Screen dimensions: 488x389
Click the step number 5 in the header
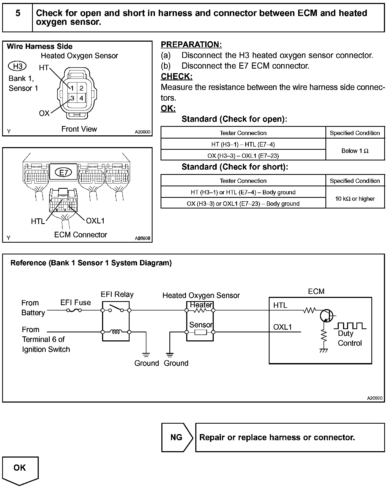(18, 13)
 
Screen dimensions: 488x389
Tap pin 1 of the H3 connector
(72, 88)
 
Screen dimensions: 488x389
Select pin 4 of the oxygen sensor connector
(81, 98)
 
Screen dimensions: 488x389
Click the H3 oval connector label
(18, 66)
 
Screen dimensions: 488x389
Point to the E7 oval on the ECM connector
(64, 173)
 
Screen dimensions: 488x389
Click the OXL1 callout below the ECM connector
(95, 221)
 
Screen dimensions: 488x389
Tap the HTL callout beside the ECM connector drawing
(38, 221)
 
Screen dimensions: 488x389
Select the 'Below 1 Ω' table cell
(355, 151)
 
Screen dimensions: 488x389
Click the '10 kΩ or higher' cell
(355, 199)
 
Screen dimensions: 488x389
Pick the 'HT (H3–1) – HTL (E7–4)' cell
(243, 144)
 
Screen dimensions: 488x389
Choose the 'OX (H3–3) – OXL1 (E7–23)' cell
(243, 156)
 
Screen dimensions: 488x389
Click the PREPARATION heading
(191, 45)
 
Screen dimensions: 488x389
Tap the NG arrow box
(177, 437)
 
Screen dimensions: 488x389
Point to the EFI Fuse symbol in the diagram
(74, 310)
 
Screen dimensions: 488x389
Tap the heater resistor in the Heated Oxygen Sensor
(200, 310)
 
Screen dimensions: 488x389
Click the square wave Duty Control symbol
(350, 326)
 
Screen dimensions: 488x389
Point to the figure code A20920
(375, 398)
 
